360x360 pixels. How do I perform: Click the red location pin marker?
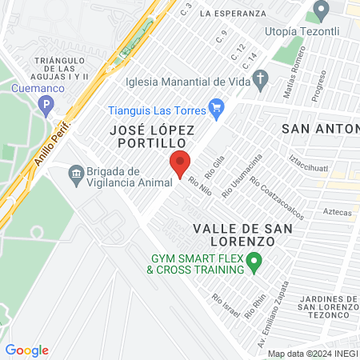coord(180,163)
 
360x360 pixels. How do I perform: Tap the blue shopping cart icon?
coord(215,106)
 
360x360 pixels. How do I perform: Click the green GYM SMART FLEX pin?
coord(254,260)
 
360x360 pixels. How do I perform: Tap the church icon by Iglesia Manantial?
coord(259,78)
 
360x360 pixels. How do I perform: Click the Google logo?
coord(26,350)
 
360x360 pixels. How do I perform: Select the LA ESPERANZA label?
coord(234,14)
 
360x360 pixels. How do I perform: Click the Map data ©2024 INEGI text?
coord(312,353)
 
